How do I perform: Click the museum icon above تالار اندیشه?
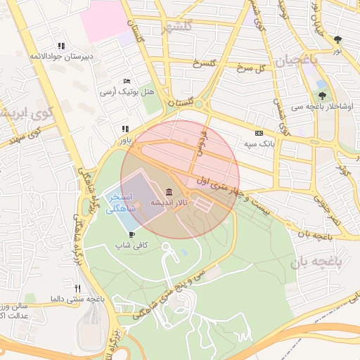tap(169, 193)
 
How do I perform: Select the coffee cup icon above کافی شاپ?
tap(131, 234)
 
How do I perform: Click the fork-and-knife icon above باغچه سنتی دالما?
tap(77, 288)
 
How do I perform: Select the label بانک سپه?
tap(259, 143)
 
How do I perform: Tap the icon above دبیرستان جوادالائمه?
tap(60, 46)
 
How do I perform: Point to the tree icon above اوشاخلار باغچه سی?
tap(322, 95)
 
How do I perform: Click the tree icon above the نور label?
tap(338, 39)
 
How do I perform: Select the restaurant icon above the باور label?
tap(125, 129)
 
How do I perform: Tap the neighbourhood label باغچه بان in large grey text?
tap(328, 262)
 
